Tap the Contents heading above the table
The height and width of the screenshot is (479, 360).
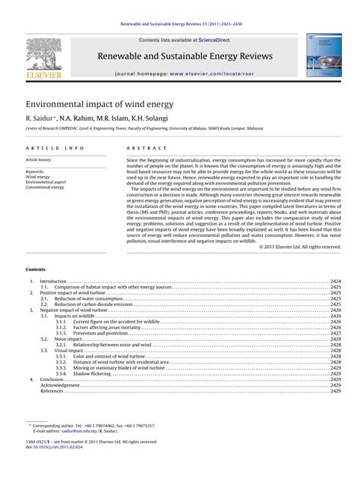[x=35, y=269]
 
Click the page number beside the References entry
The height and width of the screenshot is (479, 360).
[x=335, y=391]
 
